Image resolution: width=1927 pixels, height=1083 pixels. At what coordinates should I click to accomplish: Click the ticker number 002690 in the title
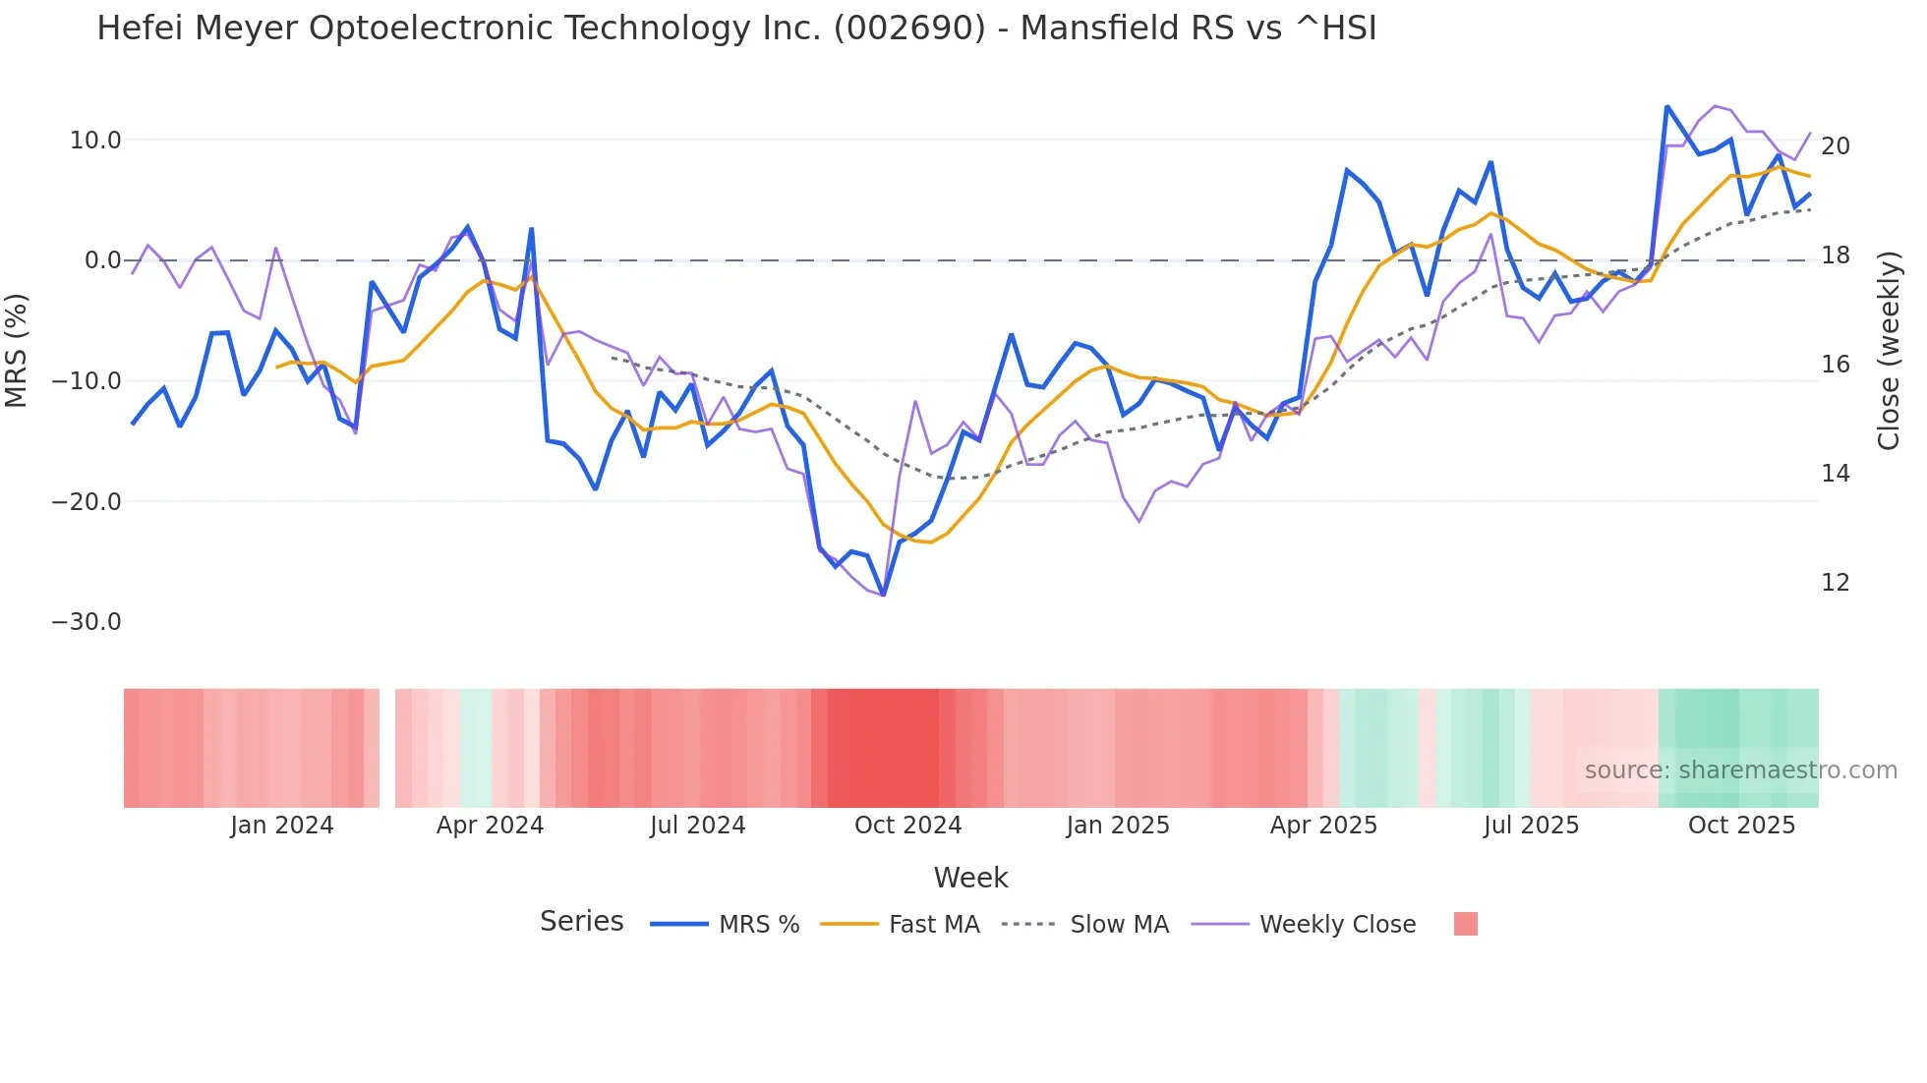pyautogui.click(x=909, y=28)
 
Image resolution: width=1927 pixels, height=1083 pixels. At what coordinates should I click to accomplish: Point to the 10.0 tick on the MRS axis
pyautogui.click(x=95, y=141)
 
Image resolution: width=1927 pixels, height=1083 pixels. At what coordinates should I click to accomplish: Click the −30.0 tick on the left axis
pyautogui.click(x=87, y=622)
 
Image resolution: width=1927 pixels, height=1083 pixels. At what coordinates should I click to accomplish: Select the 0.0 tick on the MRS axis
pyautogui.click(x=102, y=260)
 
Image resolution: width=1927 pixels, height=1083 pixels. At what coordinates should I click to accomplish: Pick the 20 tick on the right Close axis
pyautogui.click(x=1835, y=146)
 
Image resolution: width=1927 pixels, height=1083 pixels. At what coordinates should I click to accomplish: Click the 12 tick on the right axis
pyautogui.click(x=1835, y=583)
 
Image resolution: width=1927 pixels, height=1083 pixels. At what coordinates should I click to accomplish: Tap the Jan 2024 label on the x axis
pyautogui.click(x=282, y=826)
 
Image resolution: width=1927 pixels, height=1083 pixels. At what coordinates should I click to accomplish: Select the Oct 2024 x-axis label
pyautogui.click(x=907, y=826)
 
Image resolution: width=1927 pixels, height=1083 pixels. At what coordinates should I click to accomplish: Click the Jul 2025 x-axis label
pyautogui.click(x=1531, y=826)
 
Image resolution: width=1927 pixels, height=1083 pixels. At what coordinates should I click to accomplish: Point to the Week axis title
pyautogui.click(x=970, y=878)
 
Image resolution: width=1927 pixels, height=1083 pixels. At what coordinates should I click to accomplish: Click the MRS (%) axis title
pyautogui.click(x=17, y=350)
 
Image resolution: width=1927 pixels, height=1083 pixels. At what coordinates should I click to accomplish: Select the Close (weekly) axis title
pyautogui.click(x=1889, y=351)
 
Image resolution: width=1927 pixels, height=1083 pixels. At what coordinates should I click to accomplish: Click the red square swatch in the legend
pyautogui.click(x=1465, y=924)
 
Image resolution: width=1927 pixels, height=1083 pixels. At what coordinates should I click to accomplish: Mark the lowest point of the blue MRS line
pyautogui.click(x=883, y=595)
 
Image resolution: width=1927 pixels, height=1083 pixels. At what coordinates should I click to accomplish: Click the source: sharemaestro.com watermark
pyautogui.click(x=1740, y=770)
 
